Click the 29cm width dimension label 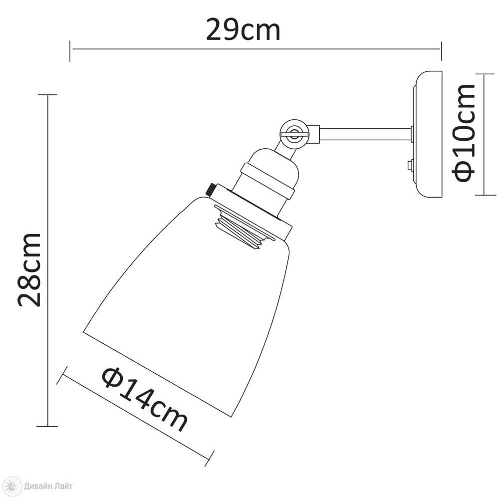(x=243, y=29)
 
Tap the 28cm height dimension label (x=29, y=270)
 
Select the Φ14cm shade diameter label (x=145, y=399)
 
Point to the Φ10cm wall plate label (x=464, y=133)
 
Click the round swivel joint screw (x=294, y=133)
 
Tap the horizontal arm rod (x=365, y=134)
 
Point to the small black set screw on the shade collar (x=211, y=190)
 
